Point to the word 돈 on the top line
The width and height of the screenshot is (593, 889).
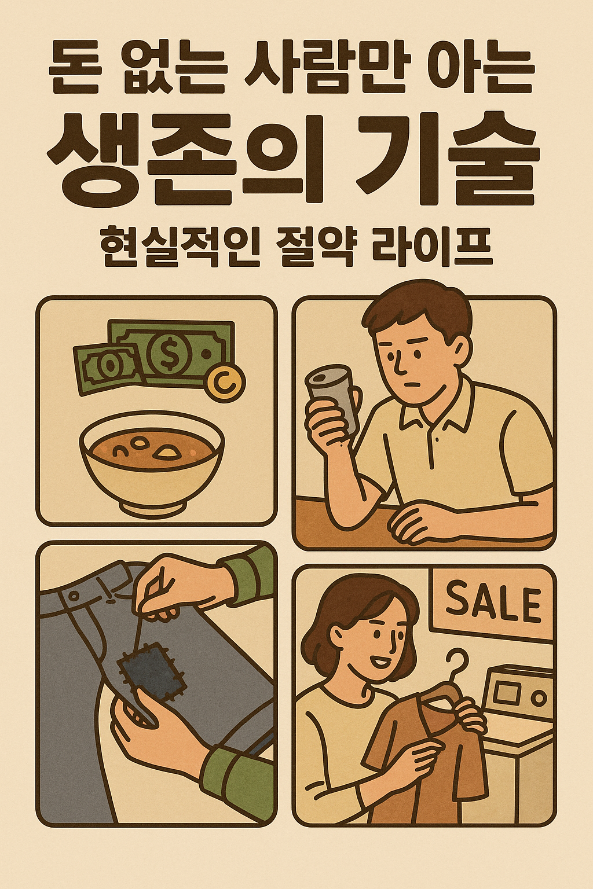(x=73, y=69)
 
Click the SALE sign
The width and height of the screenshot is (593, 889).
(x=492, y=602)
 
